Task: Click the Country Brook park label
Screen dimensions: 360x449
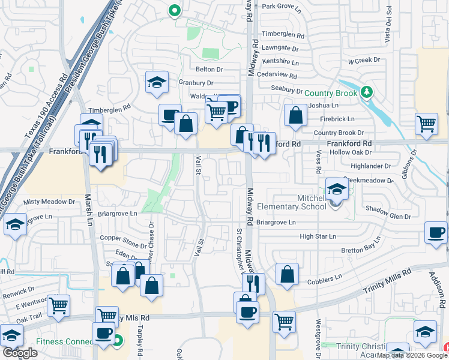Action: click(x=330, y=93)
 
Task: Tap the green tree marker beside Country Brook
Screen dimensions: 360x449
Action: click(x=367, y=92)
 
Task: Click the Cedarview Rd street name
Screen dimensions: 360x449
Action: click(x=277, y=76)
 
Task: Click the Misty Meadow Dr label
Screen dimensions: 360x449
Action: click(x=49, y=203)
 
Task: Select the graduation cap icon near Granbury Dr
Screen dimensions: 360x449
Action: click(x=157, y=82)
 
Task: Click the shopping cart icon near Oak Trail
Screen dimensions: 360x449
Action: click(x=59, y=305)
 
